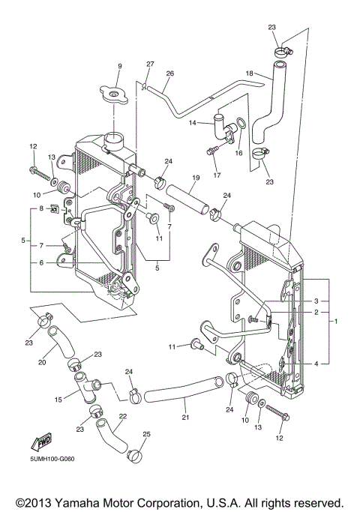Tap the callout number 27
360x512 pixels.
pos(150,64)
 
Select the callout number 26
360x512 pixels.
pos(169,73)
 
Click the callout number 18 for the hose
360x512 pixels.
pos(249,73)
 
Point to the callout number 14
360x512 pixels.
pos(192,122)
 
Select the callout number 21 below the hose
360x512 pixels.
pos(184,417)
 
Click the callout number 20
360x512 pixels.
pos(42,362)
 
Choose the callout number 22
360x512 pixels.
pos(122,417)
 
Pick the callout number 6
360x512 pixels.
pos(42,262)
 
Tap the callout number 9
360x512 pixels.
pos(118,67)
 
